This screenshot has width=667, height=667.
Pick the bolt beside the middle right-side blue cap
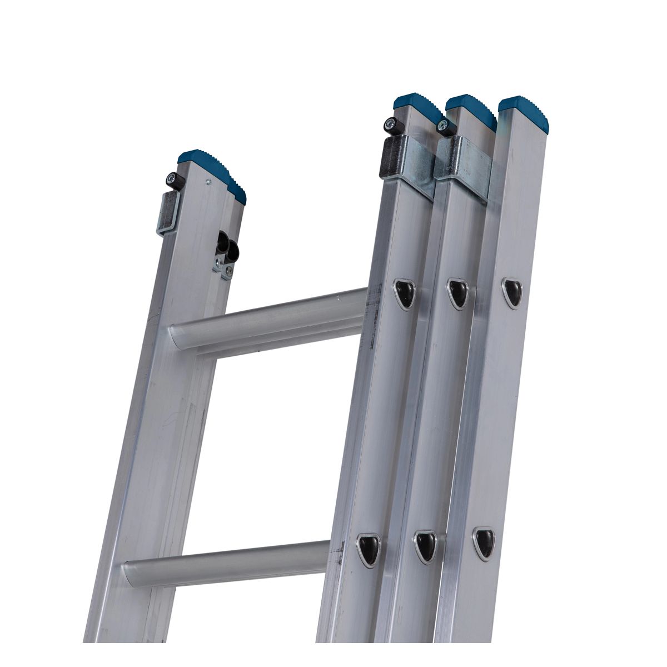click(444, 127)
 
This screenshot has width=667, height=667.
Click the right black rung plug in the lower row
click(484, 542)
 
